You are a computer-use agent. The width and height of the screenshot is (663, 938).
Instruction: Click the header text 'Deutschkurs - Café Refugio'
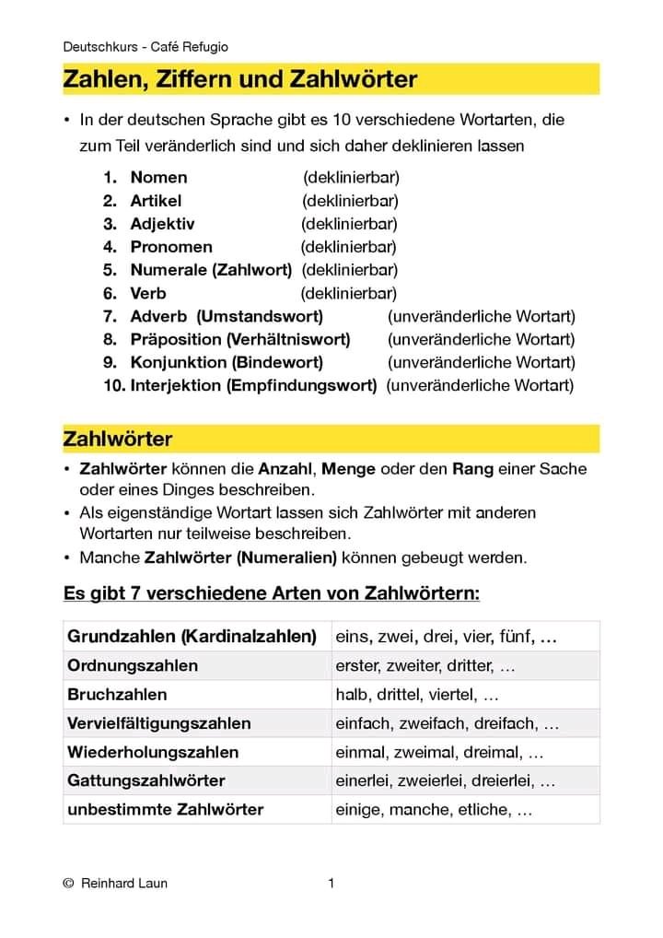(x=145, y=46)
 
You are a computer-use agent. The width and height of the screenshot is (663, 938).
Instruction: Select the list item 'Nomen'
(x=158, y=177)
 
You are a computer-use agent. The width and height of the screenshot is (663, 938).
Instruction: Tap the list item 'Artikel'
(x=156, y=200)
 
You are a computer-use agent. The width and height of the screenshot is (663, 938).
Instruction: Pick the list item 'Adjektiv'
(x=162, y=224)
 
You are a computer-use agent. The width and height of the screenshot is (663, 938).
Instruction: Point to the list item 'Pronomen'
(x=171, y=247)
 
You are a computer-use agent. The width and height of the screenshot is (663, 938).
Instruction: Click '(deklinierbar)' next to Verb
(x=349, y=293)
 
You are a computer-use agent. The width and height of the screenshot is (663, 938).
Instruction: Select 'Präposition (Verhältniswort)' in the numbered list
(x=240, y=339)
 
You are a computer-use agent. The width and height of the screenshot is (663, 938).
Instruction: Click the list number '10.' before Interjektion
(x=114, y=385)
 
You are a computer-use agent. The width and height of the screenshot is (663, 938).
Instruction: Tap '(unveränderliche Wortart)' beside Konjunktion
(x=481, y=362)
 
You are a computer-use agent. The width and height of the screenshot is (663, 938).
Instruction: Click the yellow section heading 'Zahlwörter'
(x=118, y=440)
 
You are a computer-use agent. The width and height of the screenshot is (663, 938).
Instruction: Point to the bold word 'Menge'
(x=348, y=468)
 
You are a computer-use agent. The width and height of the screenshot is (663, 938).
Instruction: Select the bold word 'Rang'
(x=472, y=468)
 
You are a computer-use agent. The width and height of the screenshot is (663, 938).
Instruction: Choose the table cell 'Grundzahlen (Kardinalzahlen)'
(x=192, y=636)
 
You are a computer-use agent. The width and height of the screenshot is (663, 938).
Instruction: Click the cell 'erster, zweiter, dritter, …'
(x=425, y=665)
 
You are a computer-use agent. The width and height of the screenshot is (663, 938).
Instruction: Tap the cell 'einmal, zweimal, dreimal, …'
(x=439, y=752)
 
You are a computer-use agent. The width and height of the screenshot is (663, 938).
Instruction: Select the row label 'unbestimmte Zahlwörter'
(x=165, y=810)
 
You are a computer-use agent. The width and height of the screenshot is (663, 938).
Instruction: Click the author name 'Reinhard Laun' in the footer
(x=124, y=884)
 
